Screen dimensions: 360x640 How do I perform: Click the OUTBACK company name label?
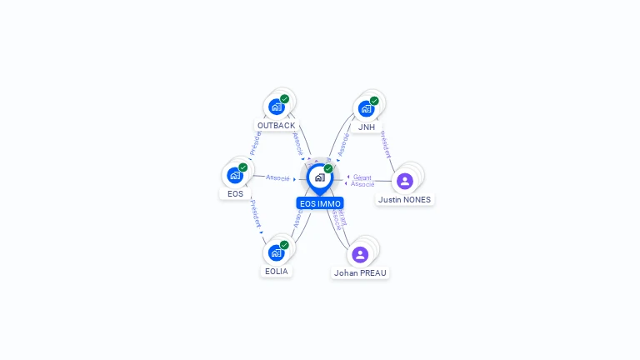click(276, 126)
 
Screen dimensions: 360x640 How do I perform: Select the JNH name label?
click(367, 127)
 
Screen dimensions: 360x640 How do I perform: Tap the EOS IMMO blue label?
click(319, 203)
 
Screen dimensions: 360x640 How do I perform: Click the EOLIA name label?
click(276, 271)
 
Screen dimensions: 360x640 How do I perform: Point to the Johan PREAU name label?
click(360, 272)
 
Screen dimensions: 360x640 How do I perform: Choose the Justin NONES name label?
click(405, 200)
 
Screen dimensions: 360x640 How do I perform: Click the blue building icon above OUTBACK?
click(276, 107)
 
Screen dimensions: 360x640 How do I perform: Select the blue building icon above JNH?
click(366, 108)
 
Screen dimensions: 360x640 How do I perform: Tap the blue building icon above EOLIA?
click(276, 252)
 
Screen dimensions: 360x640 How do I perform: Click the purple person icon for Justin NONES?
click(405, 182)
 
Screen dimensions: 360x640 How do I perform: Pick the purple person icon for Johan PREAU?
click(360, 254)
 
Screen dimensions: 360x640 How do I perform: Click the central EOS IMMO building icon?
click(319, 177)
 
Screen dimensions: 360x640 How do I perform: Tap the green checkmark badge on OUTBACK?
click(284, 99)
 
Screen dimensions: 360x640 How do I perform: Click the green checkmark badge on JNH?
click(374, 101)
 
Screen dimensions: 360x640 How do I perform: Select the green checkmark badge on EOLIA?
click(284, 245)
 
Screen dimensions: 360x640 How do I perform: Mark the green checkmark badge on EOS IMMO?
click(328, 168)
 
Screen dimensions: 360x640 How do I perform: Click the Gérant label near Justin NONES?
click(362, 177)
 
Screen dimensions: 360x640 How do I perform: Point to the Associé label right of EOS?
click(277, 177)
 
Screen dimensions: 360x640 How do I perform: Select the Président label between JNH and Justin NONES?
click(386, 142)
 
